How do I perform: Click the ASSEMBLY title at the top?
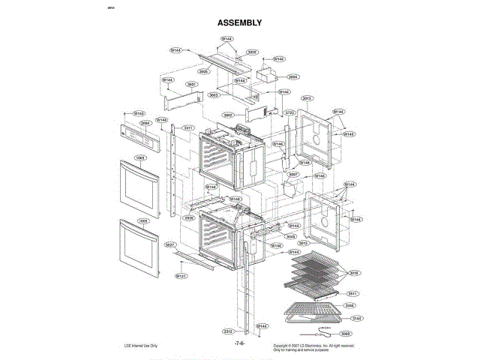tap(239, 22)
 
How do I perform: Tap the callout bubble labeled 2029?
tap(252, 52)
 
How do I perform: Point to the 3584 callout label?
tap(293, 76)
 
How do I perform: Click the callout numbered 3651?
tap(191, 84)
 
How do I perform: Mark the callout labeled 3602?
tap(229, 115)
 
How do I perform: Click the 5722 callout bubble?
tap(289, 112)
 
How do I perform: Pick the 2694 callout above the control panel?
tap(145, 123)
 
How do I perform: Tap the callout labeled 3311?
tap(188, 128)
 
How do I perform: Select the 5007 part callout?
tap(293, 174)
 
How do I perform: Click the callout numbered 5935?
tap(189, 217)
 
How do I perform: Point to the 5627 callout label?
tap(170, 245)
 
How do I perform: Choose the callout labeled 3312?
tap(227, 331)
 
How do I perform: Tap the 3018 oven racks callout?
tap(354, 273)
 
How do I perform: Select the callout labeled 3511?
tap(352, 293)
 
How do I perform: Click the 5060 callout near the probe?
tap(346, 333)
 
